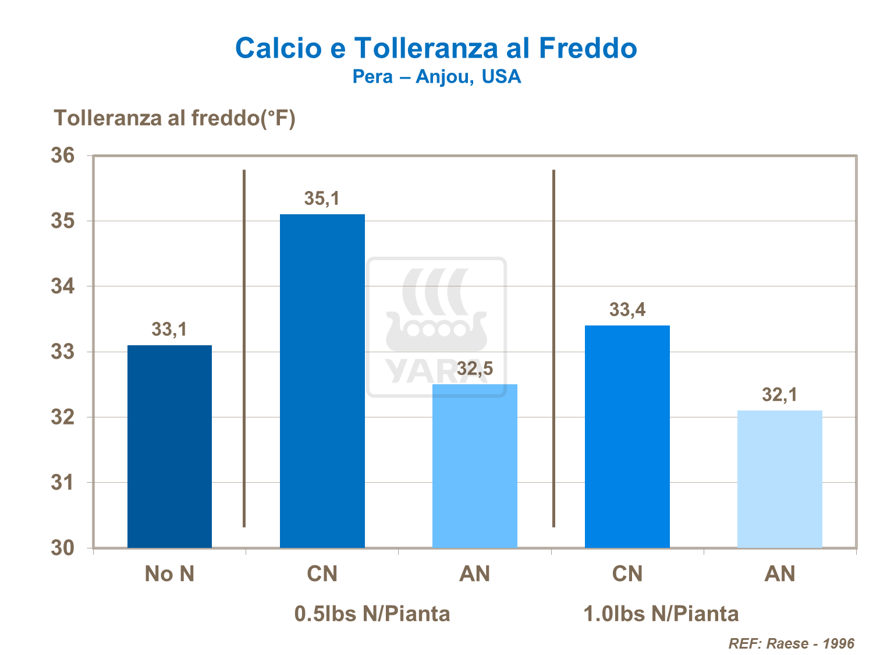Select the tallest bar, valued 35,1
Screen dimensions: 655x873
tap(322, 381)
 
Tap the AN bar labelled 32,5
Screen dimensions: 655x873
tap(475, 466)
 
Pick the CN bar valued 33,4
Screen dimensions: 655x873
tap(627, 437)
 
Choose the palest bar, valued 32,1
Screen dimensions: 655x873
tap(780, 479)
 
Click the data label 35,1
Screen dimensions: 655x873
tap(322, 199)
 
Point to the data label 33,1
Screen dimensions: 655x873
tap(169, 330)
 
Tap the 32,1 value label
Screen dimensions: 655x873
tap(780, 395)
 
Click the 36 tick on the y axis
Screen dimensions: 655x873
tap(63, 155)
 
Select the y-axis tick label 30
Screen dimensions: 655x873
tap(63, 548)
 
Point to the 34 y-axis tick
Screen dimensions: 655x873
tap(63, 286)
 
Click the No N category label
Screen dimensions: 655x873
tap(169, 574)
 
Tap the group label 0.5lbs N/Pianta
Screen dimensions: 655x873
tap(372, 614)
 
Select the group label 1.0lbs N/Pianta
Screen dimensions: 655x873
tap(661, 614)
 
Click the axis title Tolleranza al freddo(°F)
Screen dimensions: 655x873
tap(175, 118)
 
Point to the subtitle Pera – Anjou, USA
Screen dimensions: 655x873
tap(436, 77)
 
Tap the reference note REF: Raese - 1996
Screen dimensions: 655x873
tap(792, 643)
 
